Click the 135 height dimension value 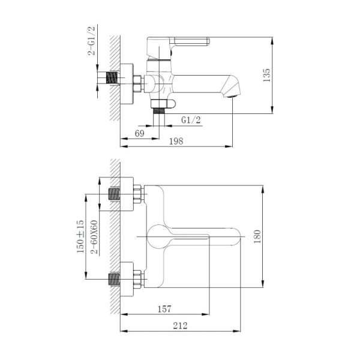[268, 75]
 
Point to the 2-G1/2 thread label [92, 40]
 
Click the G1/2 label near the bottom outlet [191, 120]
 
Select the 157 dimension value [165, 309]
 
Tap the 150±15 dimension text [80, 236]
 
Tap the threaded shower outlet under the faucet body [158, 109]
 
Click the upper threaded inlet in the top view [112, 194]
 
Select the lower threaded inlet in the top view [112, 279]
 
